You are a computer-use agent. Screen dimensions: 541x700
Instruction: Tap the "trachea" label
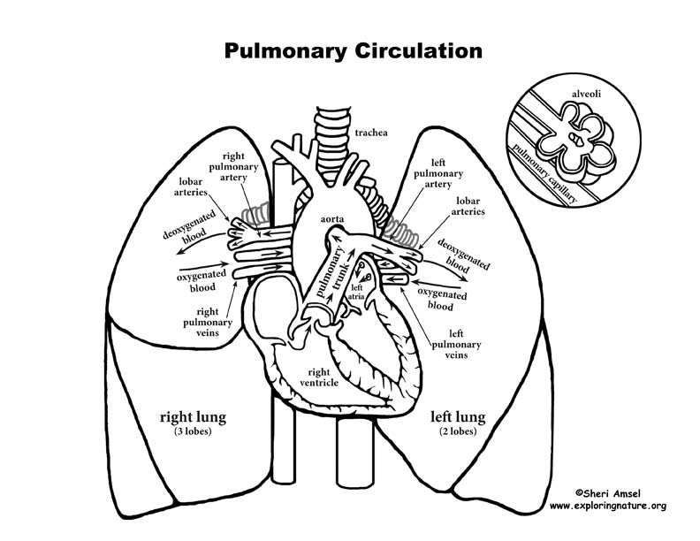pyautogui.click(x=373, y=133)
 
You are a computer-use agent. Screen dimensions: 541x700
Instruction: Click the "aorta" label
pyautogui.click(x=308, y=216)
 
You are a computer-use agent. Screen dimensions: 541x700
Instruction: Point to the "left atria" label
pyautogui.click(x=358, y=293)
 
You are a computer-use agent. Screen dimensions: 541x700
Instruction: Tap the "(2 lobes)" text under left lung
pyautogui.click(x=458, y=431)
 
